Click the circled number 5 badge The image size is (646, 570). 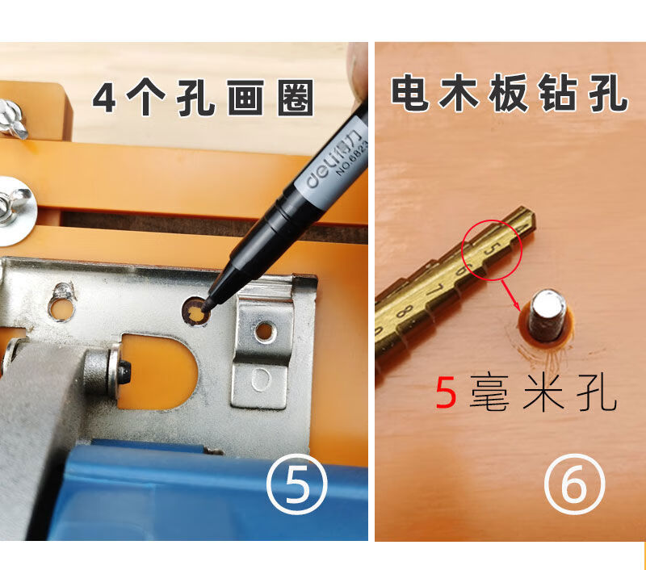pos(297,484)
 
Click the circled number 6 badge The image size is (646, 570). pos(575,484)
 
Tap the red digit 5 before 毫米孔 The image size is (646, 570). pos(447,393)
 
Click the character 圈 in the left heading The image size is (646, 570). pos(296,98)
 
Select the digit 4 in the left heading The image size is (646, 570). pos(104,98)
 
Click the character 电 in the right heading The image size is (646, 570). pos(409,93)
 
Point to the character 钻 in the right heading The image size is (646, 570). pos(558,93)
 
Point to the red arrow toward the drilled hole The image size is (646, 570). pos(511,295)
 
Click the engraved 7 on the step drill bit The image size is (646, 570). pos(435,290)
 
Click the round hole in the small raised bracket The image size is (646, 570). pos(265,332)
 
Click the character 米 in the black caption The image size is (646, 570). pos(543,393)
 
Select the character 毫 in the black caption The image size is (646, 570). pos(489,393)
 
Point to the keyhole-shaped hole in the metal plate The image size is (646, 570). pos(63,303)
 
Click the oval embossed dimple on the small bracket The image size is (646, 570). pos(260,379)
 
